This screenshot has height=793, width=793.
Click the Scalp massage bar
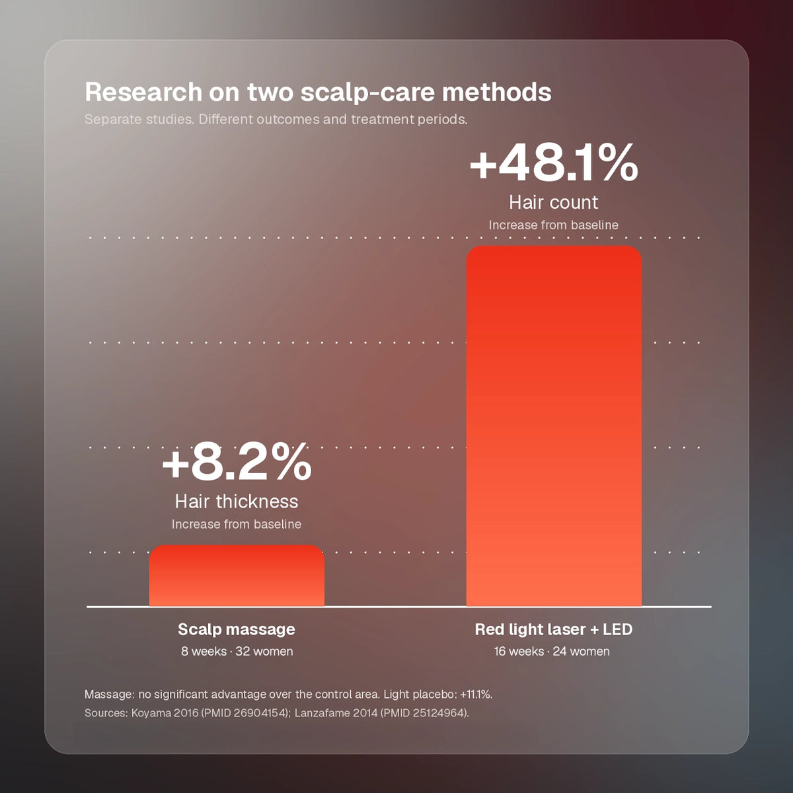pos(237,576)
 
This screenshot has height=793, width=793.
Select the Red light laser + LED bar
pos(554,426)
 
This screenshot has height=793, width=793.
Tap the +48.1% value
pos(554,163)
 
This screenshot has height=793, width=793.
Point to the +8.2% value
pos(237,462)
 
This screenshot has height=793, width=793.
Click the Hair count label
pos(554,202)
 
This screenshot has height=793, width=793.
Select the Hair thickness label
pos(237,501)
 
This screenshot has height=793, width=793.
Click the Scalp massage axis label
pos(237,629)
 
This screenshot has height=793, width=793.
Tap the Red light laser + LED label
pos(554,629)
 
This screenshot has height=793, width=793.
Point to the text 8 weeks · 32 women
pos(237,652)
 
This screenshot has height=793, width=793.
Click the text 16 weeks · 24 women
pos(552,652)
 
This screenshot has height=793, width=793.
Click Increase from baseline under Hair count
pos(554,225)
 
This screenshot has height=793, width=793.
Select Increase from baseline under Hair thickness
pos(237,524)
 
